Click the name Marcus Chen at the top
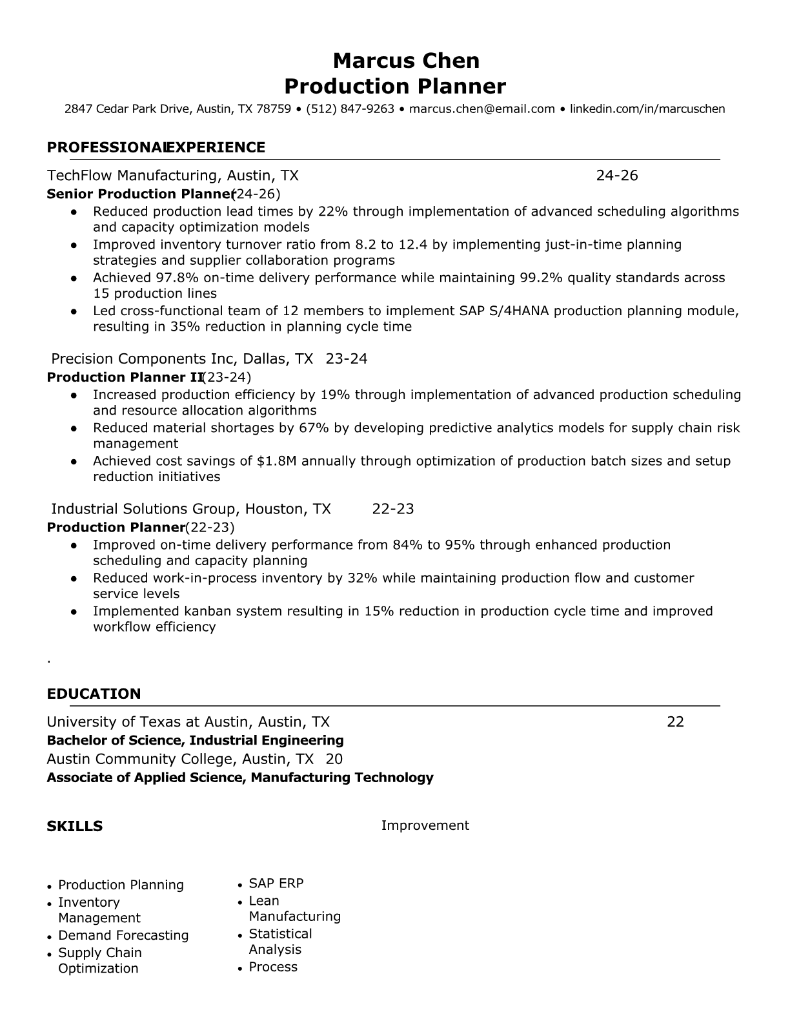406,61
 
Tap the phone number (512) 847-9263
350,109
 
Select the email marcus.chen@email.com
481,109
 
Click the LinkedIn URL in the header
647,109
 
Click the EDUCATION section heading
94,694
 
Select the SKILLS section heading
74,827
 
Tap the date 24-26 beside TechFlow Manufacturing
616,176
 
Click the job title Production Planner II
125,377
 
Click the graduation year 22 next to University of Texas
674,722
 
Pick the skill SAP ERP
276,883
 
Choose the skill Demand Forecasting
123,936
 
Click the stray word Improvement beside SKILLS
425,825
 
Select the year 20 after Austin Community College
334,759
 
